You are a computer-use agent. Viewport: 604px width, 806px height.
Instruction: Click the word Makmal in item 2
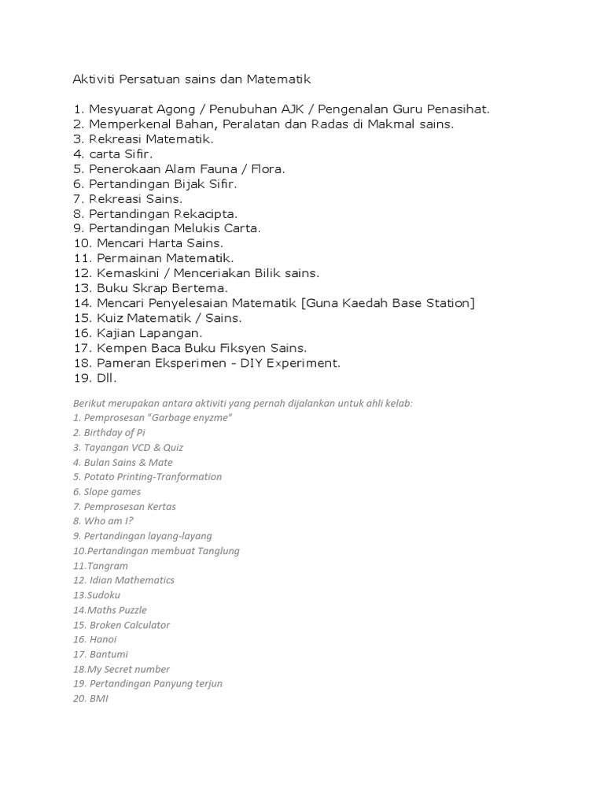pos(377,124)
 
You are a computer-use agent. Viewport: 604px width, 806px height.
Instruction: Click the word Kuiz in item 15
pos(112,318)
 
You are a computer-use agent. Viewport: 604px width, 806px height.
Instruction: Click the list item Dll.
pos(107,378)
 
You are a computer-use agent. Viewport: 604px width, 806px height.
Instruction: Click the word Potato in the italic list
pos(98,477)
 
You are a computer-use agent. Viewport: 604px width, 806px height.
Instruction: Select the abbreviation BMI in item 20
pos(98,699)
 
